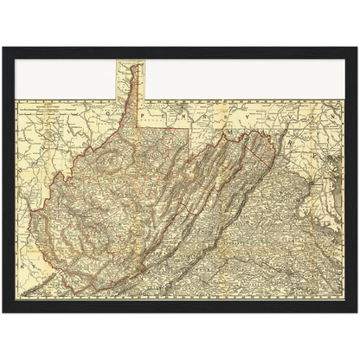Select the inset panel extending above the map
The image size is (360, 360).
[130, 79]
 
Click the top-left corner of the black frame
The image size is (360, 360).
[3, 46]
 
